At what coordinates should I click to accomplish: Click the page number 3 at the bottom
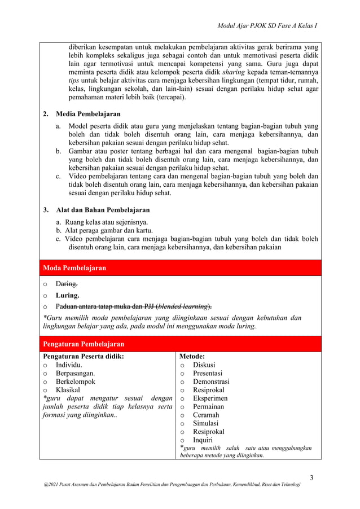point(312,479)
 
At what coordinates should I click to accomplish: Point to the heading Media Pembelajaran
point(88,114)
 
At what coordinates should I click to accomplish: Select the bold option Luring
point(67,295)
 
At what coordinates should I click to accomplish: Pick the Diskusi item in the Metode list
point(204,365)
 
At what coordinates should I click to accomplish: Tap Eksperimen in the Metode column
point(210,398)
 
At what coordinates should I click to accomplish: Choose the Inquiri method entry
point(203,440)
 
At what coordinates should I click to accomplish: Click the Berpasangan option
point(75,373)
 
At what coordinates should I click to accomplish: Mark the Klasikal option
point(68,390)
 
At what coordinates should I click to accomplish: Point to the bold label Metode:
point(191,357)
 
